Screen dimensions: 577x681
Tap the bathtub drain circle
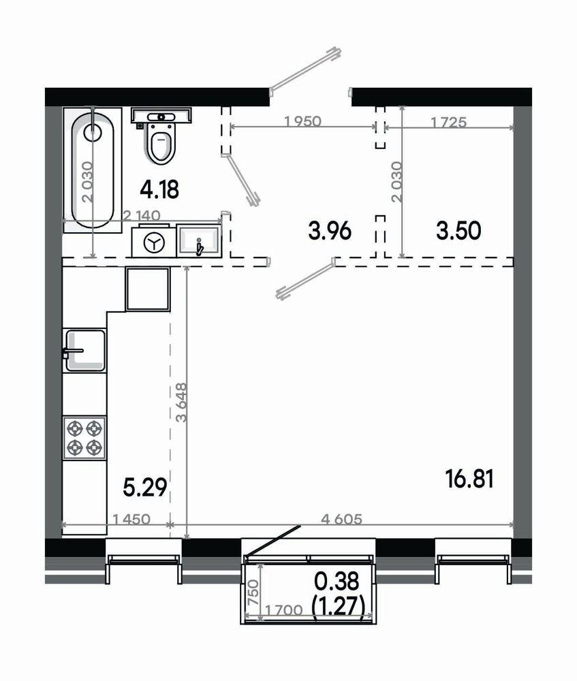[x=93, y=132]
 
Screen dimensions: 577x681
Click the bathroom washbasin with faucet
[x=200, y=240]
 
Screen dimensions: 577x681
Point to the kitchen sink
[x=85, y=351]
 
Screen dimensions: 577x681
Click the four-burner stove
[x=84, y=437]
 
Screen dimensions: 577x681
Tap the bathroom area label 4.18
[x=160, y=190]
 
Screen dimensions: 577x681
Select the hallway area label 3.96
[x=329, y=231]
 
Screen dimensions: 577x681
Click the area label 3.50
[x=459, y=231]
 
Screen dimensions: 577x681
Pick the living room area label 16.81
[x=469, y=480]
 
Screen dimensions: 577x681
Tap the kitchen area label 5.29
[x=145, y=488]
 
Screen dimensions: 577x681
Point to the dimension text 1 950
[x=303, y=121]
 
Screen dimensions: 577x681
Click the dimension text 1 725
[x=449, y=123]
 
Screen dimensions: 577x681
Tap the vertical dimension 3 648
[x=181, y=402]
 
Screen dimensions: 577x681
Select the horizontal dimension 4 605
[x=341, y=519]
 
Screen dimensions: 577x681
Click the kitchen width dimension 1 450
[x=131, y=519]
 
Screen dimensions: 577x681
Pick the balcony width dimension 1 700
[x=283, y=610]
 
